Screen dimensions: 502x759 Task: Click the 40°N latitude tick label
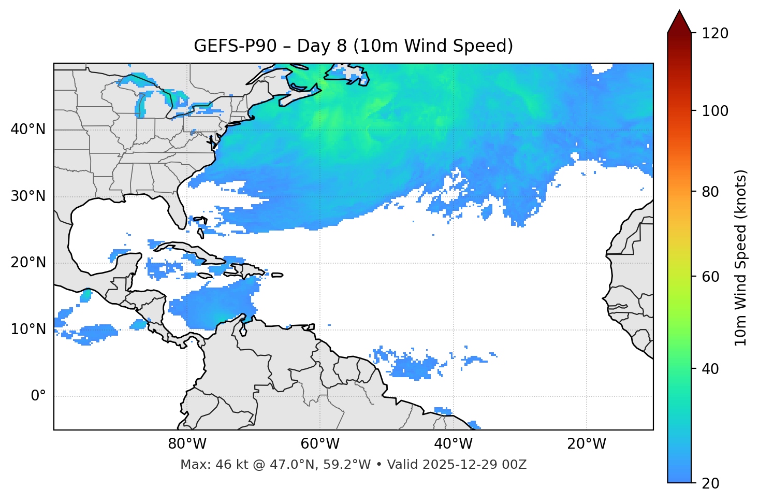(28, 130)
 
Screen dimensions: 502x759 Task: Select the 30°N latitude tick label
(28, 196)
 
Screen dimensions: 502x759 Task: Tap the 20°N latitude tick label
(28, 263)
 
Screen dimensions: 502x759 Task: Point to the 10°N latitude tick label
(28, 329)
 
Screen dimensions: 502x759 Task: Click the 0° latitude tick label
(38, 396)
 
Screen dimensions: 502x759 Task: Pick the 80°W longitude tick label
(187, 444)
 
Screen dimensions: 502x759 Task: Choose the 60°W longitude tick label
(320, 444)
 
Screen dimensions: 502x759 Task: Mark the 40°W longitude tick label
(454, 444)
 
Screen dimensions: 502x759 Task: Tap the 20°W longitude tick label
(587, 444)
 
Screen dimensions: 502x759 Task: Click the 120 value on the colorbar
(715, 33)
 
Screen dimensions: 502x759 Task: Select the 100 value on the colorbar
(715, 111)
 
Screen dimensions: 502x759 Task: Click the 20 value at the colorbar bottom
(711, 483)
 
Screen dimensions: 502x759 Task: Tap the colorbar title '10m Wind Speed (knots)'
(741, 257)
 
